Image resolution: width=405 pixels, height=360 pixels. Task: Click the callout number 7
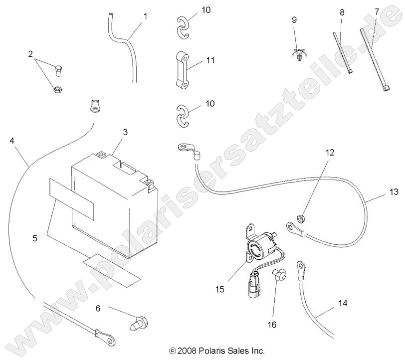(377, 10)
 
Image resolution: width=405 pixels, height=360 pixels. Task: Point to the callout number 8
(342, 11)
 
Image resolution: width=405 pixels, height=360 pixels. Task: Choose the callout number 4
(11, 141)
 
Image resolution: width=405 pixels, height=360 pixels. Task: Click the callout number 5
(34, 238)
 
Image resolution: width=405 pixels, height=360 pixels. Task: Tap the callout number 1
(145, 16)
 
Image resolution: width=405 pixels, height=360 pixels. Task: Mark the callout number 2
(30, 54)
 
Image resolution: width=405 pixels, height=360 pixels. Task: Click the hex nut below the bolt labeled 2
(57, 90)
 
